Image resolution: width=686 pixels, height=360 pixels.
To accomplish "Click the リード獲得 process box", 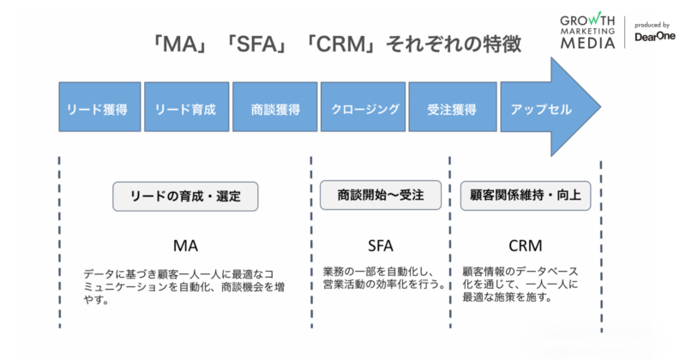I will [98, 110].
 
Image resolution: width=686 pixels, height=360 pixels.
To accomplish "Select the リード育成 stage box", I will [185, 110].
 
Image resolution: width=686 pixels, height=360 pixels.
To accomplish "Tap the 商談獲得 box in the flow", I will [274, 110].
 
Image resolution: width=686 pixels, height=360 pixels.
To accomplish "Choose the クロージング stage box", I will [364, 110].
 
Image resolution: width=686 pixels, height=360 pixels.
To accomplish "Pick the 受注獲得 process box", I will [451, 110].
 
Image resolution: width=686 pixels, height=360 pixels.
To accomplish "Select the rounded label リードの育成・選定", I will [185, 195].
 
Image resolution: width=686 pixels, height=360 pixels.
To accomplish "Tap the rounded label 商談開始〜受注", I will [379, 195].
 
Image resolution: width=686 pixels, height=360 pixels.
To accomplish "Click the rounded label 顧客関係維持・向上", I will [526, 195].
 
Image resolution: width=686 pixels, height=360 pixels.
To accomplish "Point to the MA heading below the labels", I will [185, 245].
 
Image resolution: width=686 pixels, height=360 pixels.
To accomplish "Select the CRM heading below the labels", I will [525, 245].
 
